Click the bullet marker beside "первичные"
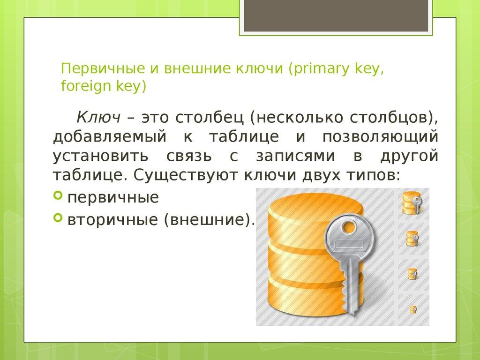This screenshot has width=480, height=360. (58, 195)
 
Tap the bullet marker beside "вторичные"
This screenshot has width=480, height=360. (58, 217)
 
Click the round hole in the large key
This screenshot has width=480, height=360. (349, 228)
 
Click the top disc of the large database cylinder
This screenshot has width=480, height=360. (305, 206)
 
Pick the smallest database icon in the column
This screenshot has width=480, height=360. (413, 309)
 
